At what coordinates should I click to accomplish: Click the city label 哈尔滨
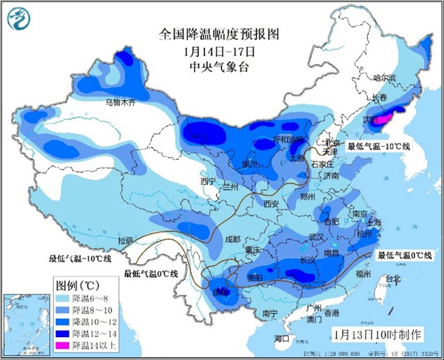tap(383, 77)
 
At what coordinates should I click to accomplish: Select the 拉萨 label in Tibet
tap(126, 240)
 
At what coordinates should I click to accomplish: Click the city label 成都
tap(232, 239)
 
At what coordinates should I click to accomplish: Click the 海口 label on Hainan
tap(281, 338)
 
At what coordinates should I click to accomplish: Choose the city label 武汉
tap(317, 237)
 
